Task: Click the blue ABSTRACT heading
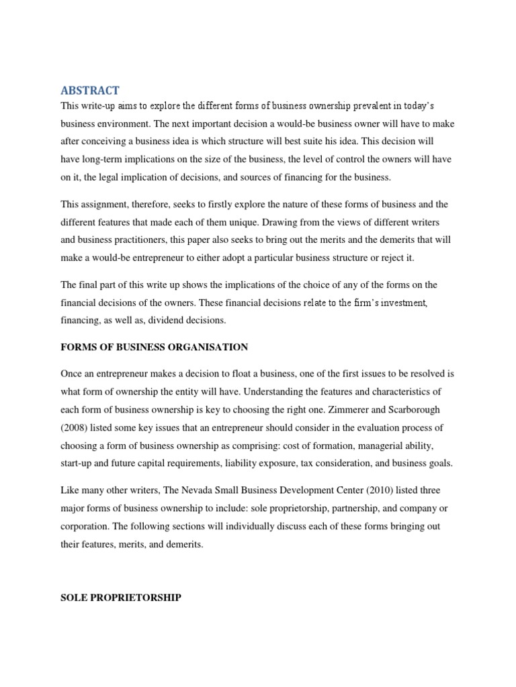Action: coord(90,91)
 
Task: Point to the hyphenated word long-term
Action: coord(105,160)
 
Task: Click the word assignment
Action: coord(107,205)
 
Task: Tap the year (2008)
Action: coord(77,427)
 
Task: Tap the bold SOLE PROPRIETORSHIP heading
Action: coord(121,597)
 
